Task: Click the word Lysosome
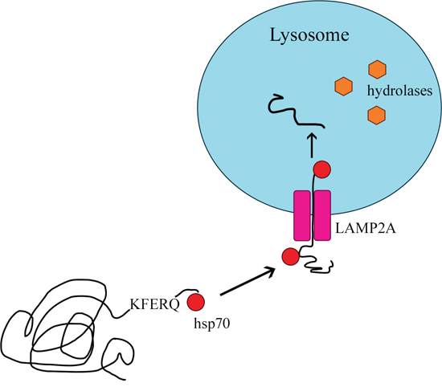309,36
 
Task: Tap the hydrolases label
399,91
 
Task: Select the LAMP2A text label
366,228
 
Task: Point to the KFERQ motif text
154,305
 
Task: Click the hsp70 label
211,324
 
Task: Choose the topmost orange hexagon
377,69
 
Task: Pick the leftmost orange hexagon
344,86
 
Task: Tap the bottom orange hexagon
377,115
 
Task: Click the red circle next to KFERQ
196,302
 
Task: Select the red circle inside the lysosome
322,169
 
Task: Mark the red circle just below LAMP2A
291,257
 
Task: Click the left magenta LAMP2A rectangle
302,216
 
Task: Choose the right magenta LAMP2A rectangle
322,216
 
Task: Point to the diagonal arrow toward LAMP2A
248,281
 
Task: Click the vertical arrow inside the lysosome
312,145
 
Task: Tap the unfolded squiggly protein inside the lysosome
296,112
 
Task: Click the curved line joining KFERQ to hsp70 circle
187,291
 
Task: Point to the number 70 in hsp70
223,324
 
